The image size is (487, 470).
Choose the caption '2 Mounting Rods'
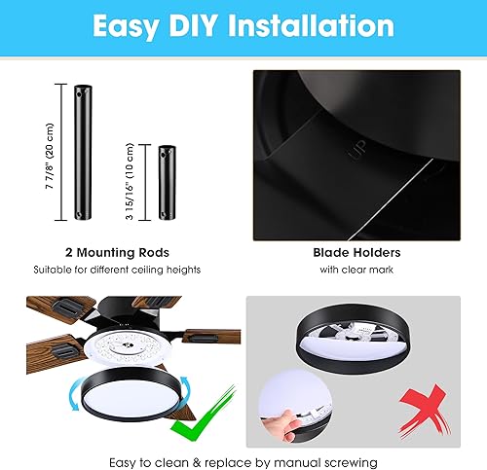click(x=116, y=251)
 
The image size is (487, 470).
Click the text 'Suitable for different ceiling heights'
click(x=116, y=269)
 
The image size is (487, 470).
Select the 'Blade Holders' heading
click(x=356, y=251)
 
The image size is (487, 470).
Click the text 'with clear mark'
click(x=356, y=269)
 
